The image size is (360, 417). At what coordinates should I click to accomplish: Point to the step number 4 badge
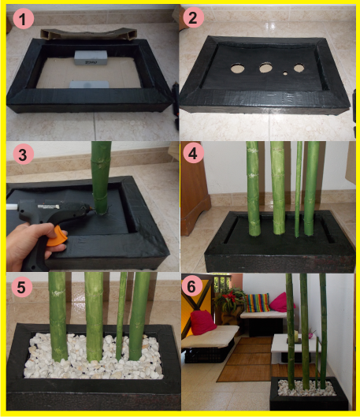tap(193, 155)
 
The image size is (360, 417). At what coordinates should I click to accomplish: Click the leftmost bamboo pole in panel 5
tap(58, 315)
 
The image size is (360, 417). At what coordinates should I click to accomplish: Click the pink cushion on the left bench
tap(204, 322)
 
